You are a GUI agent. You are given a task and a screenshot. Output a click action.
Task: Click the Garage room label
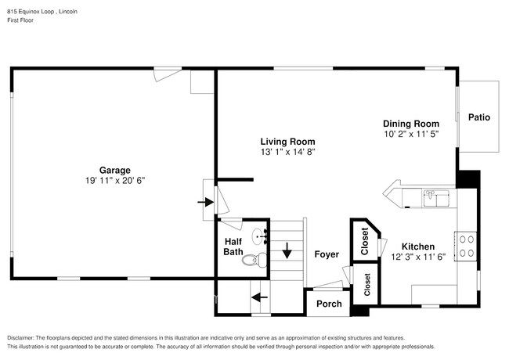(114, 170)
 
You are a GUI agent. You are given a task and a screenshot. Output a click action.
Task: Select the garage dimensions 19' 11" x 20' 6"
(114, 180)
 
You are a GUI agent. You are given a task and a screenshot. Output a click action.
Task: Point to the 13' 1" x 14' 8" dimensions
(287, 152)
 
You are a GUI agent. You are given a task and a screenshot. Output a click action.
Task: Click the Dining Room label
(410, 124)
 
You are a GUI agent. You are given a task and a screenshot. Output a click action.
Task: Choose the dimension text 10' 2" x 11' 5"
(410, 134)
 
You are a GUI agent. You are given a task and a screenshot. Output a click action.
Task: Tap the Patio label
(479, 117)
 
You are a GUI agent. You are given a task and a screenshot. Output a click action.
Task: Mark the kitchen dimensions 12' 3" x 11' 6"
(417, 256)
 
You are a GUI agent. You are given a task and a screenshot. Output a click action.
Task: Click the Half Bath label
(233, 247)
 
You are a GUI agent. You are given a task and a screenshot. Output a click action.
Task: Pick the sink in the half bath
(261, 236)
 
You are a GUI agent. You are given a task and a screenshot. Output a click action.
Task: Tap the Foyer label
(327, 254)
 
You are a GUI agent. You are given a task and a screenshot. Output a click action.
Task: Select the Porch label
(329, 304)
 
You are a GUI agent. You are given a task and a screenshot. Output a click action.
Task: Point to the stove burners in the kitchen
(466, 246)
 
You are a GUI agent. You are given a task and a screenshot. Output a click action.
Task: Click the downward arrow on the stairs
(287, 251)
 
